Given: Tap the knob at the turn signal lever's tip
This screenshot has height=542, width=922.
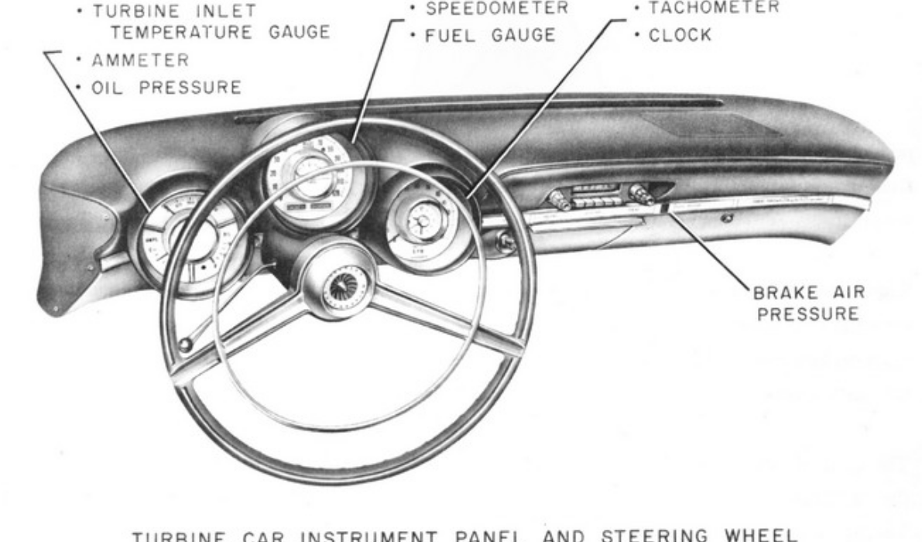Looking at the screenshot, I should [185, 345].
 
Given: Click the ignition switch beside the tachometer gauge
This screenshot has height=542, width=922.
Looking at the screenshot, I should [507, 242].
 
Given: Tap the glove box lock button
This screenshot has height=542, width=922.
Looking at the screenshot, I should [725, 219].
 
